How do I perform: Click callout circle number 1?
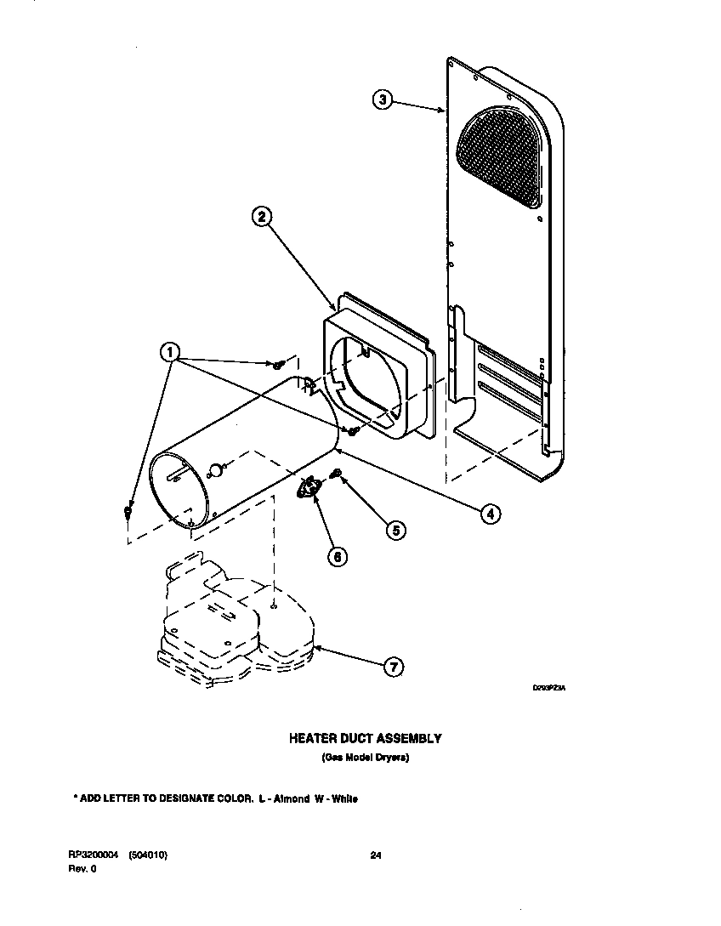(x=171, y=352)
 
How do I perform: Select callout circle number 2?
(x=263, y=217)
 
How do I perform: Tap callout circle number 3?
(x=383, y=100)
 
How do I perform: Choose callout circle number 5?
(x=395, y=530)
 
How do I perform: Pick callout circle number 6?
(x=338, y=557)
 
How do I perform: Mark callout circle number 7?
(x=393, y=668)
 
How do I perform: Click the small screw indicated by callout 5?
(x=337, y=473)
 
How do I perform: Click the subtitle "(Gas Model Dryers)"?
(x=366, y=758)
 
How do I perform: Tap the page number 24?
(x=376, y=856)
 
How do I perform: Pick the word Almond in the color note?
(x=291, y=799)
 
